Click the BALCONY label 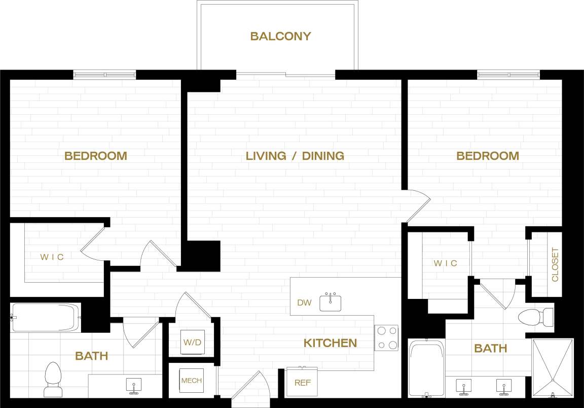click(x=280, y=37)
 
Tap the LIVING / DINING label click(x=295, y=156)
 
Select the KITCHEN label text click(x=330, y=343)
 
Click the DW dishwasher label click(x=304, y=303)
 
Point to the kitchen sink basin click(x=330, y=303)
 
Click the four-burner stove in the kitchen click(x=386, y=338)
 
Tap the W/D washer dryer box click(x=192, y=343)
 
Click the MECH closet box click(x=192, y=381)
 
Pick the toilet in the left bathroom click(x=53, y=379)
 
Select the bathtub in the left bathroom click(x=46, y=318)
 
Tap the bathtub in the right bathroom click(x=426, y=368)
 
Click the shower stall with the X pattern click(x=553, y=367)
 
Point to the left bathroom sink click(x=134, y=385)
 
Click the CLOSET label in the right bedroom click(x=555, y=264)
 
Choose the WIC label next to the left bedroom click(x=52, y=257)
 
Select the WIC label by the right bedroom click(x=445, y=263)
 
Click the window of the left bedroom click(x=105, y=75)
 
